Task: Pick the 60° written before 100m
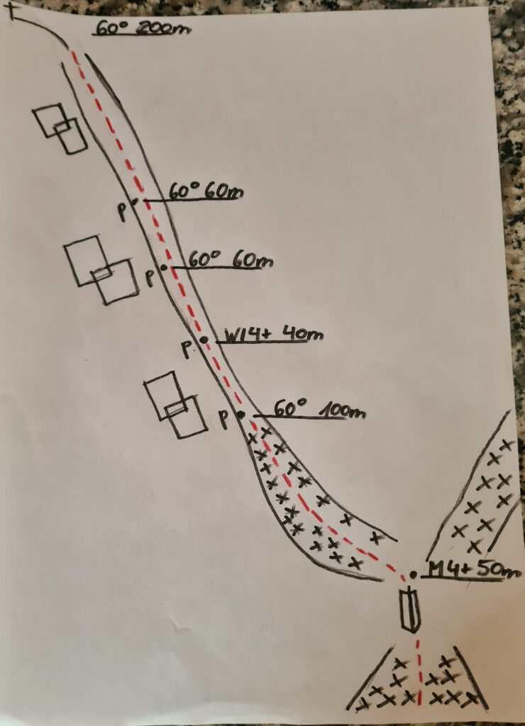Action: [x=289, y=408]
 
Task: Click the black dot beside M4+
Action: [x=413, y=574]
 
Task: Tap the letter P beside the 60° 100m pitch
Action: [x=223, y=418]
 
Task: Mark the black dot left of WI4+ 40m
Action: [x=204, y=340]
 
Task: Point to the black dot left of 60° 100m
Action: [x=241, y=415]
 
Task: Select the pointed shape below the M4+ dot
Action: [x=409, y=609]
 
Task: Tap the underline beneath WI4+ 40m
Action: [x=262, y=342]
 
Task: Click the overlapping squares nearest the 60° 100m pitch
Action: [x=175, y=404]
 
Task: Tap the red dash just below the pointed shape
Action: [x=417, y=644]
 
